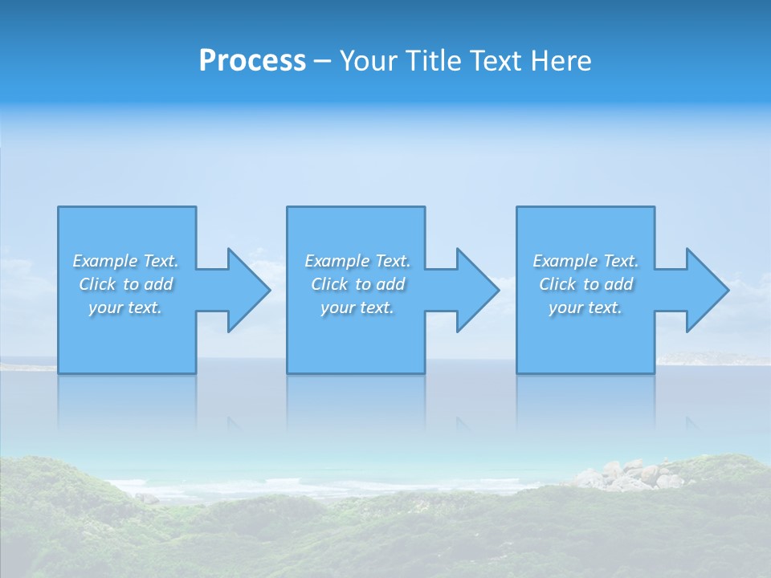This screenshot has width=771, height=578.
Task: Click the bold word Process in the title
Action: pos(252,61)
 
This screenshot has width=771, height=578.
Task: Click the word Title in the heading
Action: pos(433,61)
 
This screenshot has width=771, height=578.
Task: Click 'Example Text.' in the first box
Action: pos(125,261)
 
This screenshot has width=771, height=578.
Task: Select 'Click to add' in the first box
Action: pos(125,284)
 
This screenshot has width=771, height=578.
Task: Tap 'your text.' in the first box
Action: pos(125,307)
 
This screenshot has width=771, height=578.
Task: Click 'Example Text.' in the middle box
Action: pos(357,261)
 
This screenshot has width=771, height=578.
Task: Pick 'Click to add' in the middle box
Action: pos(357,284)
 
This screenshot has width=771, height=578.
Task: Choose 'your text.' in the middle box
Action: pos(357,307)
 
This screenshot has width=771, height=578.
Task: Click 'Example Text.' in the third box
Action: pos(585,261)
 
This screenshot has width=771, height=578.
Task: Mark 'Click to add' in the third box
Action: pos(585,284)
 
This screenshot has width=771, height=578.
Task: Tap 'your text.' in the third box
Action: pos(585,307)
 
